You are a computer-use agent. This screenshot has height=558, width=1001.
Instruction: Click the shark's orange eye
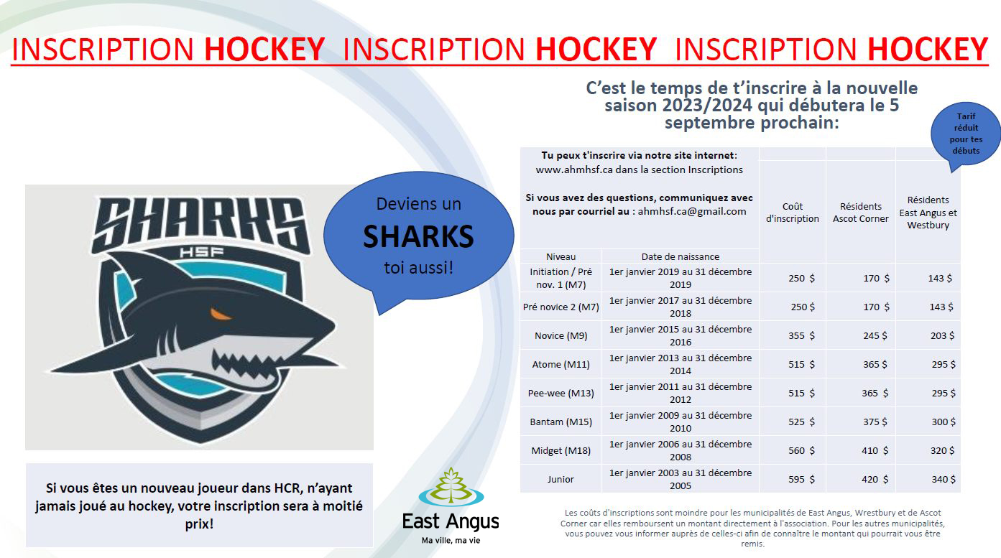click(221, 315)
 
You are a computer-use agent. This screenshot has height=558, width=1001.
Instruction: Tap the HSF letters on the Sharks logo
click(201, 253)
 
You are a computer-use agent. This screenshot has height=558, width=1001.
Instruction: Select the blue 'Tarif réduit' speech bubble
click(965, 134)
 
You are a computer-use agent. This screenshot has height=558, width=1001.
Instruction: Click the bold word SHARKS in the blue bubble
click(418, 236)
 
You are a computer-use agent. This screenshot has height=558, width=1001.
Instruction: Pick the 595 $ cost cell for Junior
click(801, 480)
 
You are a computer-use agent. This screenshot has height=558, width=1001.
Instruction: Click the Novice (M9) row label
click(561, 336)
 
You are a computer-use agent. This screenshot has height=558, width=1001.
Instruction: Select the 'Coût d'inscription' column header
click(793, 213)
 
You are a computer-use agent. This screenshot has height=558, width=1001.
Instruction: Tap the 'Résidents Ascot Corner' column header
click(861, 213)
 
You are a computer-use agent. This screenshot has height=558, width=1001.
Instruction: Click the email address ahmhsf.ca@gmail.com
click(692, 211)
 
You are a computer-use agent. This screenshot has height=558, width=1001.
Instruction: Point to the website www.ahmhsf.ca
click(574, 169)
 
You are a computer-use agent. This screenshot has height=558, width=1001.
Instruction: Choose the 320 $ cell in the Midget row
click(943, 451)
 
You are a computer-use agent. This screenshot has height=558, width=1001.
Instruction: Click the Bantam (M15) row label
click(561, 422)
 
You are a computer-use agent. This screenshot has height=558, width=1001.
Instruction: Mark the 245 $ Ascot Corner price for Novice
click(875, 336)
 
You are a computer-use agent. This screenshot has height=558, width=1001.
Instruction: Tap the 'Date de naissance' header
click(680, 257)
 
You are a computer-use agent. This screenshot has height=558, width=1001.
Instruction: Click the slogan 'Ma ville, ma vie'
click(451, 541)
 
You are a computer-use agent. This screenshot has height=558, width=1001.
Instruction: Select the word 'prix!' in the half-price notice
click(199, 524)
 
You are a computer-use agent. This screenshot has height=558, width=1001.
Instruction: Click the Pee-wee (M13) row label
click(561, 394)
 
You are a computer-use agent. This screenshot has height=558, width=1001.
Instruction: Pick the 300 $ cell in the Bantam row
click(944, 422)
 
